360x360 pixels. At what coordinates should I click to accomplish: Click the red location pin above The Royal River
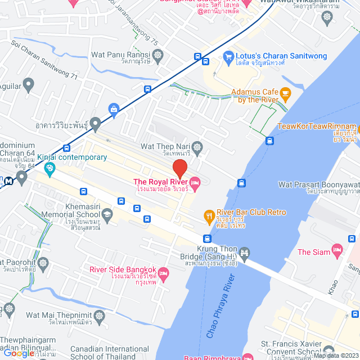click(x=179, y=168)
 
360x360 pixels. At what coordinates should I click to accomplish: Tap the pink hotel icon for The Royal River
click(x=195, y=181)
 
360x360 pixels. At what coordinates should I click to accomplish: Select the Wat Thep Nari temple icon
click(x=197, y=148)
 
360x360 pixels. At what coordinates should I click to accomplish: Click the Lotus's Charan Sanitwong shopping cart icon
click(x=228, y=56)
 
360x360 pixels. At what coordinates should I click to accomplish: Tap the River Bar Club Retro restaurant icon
click(x=208, y=214)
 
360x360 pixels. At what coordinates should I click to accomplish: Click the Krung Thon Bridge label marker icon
click(x=244, y=251)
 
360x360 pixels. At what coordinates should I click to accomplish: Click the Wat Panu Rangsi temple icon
click(x=158, y=55)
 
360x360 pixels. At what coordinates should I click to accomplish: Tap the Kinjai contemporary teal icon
click(x=50, y=168)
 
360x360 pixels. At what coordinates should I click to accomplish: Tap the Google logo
click(x=19, y=353)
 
